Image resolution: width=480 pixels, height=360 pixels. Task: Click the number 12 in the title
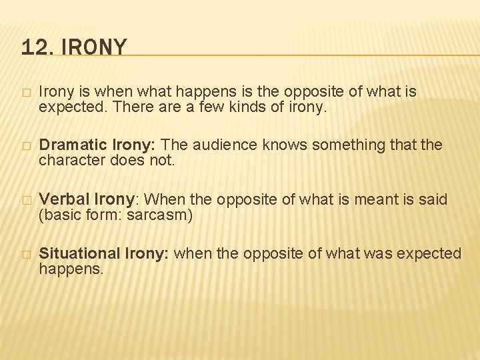(33, 47)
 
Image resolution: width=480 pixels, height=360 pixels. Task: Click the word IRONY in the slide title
(93, 47)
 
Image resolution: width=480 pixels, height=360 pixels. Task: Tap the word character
(69, 160)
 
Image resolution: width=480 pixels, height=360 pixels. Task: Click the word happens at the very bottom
(71, 269)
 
